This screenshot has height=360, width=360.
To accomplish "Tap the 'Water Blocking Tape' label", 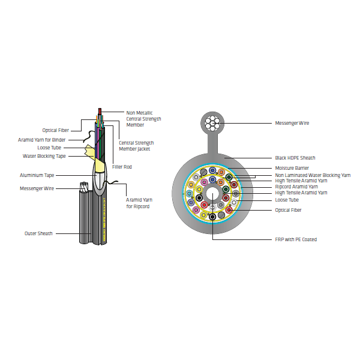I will (x=44, y=156).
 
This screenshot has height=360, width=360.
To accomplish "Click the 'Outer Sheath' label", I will (x=38, y=233).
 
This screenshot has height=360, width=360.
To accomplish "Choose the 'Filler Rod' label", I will (x=122, y=167).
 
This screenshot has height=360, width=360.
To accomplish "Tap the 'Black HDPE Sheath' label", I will (x=295, y=158).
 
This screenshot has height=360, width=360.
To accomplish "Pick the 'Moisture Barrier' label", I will (x=292, y=168).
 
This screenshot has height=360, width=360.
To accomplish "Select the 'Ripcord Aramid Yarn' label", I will (x=296, y=187).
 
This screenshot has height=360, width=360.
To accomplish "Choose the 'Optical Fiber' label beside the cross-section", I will (x=288, y=210).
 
